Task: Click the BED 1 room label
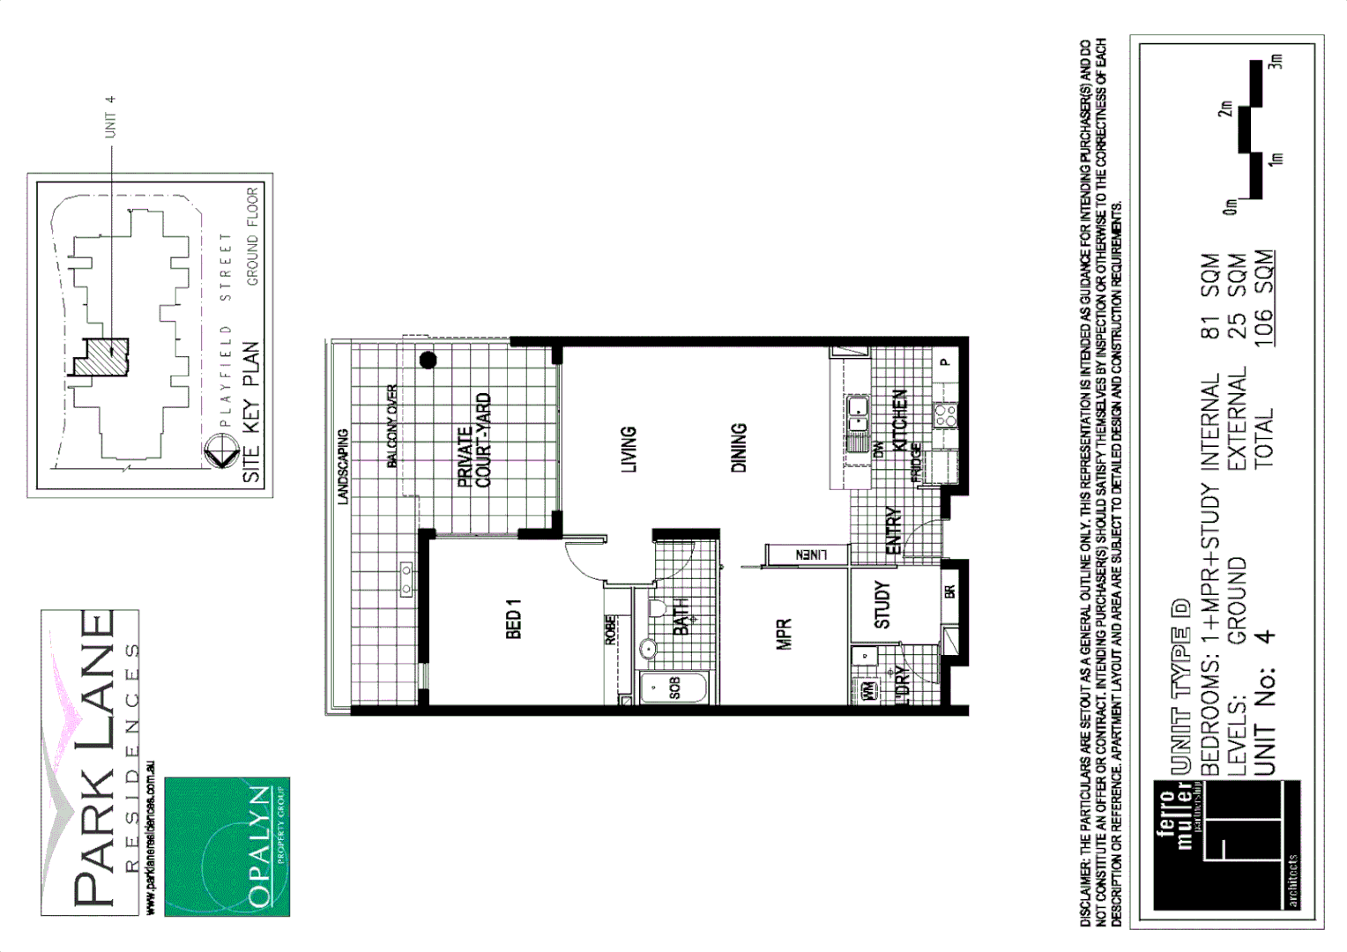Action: coord(514,619)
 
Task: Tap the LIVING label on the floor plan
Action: coord(629,449)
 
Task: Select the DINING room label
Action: coord(739,448)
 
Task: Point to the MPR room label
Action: coord(784,634)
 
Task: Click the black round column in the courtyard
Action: coord(428,360)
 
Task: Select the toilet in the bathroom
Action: coord(657,608)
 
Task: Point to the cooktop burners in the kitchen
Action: coord(945,414)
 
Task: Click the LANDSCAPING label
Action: coord(344,466)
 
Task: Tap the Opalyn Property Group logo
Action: coord(227,846)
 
